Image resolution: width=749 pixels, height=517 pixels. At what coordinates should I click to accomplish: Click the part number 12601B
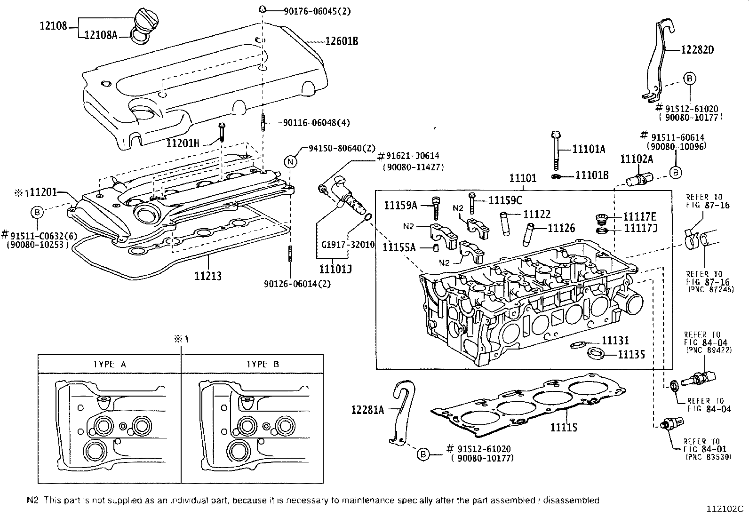pyautogui.click(x=342, y=41)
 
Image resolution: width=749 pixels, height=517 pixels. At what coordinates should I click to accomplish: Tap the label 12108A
pyautogui.click(x=101, y=34)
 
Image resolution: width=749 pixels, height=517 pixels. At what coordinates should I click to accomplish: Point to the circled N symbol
pyautogui.click(x=291, y=161)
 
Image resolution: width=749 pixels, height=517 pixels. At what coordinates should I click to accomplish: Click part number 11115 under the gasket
pyautogui.click(x=564, y=427)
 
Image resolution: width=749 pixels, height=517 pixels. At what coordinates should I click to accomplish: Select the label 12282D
pyautogui.click(x=697, y=49)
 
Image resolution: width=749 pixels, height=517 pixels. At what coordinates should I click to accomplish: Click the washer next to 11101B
pyautogui.click(x=557, y=176)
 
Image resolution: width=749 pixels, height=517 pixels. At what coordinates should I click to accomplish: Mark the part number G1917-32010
pyautogui.click(x=348, y=245)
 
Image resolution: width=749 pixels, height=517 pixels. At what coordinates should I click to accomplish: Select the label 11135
pyautogui.click(x=631, y=354)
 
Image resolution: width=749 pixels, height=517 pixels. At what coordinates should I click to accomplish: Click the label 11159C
pyautogui.click(x=505, y=200)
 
